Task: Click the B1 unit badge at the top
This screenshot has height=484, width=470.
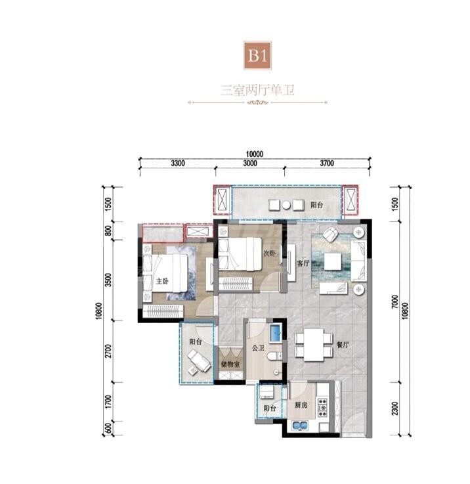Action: [x=257, y=56]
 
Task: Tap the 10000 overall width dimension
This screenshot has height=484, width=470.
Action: [x=255, y=154]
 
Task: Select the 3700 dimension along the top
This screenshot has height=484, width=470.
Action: [x=327, y=163]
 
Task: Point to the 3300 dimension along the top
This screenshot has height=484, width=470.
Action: [x=178, y=163]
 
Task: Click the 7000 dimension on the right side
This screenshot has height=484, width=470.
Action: [x=395, y=303]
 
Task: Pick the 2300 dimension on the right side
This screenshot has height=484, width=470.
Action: [x=395, y=408]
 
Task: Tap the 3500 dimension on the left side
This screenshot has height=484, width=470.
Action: [x=108, y=280]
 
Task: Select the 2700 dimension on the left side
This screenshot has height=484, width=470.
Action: [x=108, y=351]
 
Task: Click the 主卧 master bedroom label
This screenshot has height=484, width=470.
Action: [x=162, y=281]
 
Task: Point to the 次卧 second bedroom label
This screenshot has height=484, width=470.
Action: [x=269, y=253]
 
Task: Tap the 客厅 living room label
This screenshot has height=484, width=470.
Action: [x=303, y=263]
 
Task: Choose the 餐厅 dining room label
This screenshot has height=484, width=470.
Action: [x=343, y=345]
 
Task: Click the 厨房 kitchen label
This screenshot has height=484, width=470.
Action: [x=301, y=405]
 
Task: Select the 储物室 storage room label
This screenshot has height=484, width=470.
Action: [x=230, y=364]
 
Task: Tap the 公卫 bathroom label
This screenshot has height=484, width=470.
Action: [x=258, y=348]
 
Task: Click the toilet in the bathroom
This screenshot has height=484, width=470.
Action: [x=274, y=356]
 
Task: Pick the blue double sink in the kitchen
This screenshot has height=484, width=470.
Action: [x=299, y=426]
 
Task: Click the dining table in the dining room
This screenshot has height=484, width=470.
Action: [x=314, y=345]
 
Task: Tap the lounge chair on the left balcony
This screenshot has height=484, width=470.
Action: [x=199, y=361]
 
